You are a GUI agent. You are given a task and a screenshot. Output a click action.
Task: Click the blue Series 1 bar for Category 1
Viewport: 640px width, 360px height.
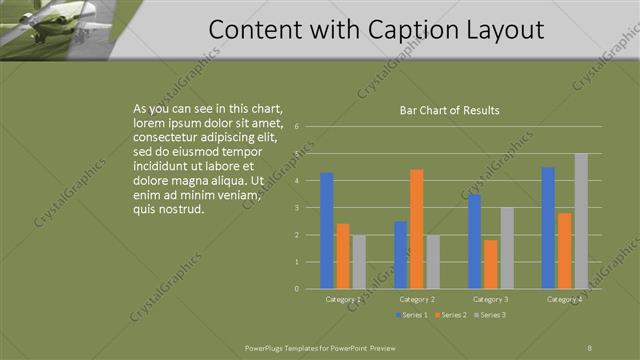[326, 231]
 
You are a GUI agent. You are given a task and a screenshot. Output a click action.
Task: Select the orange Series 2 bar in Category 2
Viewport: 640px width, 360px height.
[416, 229]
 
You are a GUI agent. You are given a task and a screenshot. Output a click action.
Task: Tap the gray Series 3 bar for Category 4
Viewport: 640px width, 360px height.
[580, 221]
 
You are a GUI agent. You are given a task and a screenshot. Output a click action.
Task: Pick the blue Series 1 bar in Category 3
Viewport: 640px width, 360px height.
[474, 241]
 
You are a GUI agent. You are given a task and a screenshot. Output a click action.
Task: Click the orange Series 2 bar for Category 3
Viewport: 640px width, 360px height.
[490, 264]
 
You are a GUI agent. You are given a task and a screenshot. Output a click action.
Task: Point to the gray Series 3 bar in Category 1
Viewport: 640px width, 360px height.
[359, 262]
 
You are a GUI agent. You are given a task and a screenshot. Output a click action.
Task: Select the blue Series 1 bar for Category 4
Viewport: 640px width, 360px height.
[548, 228]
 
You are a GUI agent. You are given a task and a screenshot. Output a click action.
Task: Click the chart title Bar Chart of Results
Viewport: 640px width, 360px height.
[443, 110]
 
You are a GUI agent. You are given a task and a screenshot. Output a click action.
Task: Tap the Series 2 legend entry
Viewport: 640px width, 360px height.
[449, 315]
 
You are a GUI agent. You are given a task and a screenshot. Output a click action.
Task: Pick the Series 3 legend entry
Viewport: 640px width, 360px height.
[489, 315]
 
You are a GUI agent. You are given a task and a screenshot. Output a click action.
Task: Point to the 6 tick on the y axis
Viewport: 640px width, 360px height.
[296, 127]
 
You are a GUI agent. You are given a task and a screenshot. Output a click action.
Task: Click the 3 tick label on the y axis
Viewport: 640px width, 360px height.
[296, 208]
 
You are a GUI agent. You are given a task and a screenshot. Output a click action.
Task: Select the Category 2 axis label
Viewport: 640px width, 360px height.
[416, 299]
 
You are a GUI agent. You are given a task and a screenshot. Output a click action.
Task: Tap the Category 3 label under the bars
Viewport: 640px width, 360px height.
[490, 299]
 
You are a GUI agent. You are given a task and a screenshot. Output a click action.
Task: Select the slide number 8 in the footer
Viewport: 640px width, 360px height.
[589, 347]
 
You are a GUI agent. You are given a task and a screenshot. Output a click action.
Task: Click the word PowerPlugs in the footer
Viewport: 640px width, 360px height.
[264, 347]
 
